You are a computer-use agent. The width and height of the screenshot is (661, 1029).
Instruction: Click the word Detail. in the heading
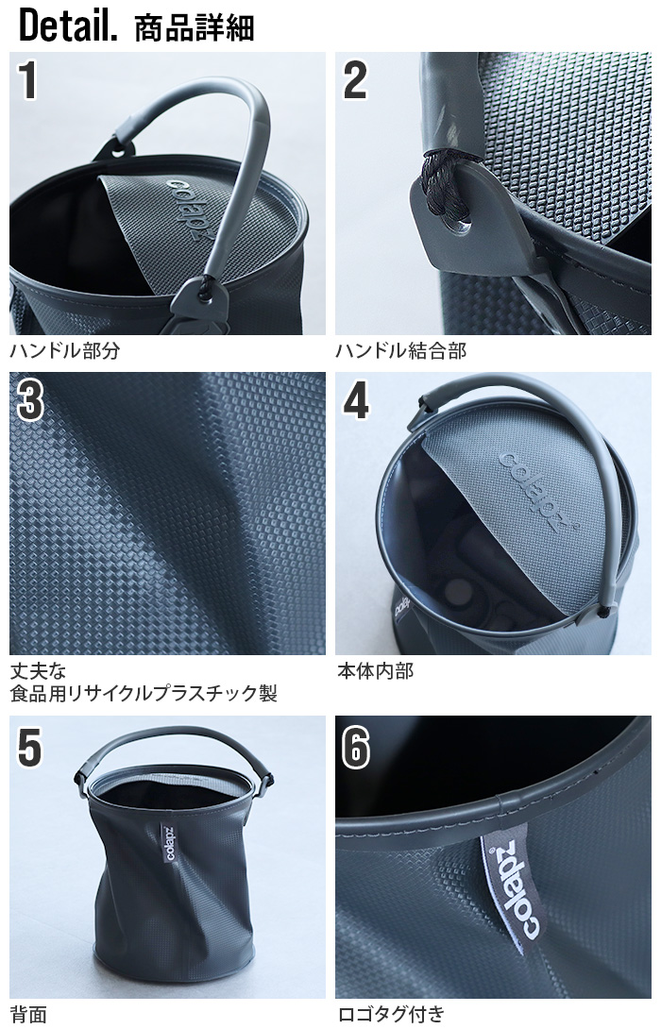(x=68, y=25)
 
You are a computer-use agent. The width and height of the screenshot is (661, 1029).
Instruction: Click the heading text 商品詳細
(x=194, y=27)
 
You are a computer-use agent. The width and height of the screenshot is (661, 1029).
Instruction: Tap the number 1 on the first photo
(x=27, y=80)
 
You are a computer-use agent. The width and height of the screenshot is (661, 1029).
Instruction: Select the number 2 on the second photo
(x=355, y=80)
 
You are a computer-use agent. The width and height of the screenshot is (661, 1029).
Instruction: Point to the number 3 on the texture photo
(x=30, y=400)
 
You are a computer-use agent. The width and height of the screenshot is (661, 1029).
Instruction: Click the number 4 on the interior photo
(x=356, y=400)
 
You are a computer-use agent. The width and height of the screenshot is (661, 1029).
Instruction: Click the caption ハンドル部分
(x=65, y=350)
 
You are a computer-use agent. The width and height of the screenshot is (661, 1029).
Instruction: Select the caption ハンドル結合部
(x=401, y=350)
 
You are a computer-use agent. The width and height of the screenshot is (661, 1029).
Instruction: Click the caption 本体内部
(x=375, y=670)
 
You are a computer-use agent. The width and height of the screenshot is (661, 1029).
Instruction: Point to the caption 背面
(x=28, y=1014)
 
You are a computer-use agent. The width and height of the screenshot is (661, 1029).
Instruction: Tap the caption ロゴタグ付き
(x=391, y=1014)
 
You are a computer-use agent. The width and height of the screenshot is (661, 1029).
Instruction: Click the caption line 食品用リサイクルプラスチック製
(x=144, y=693)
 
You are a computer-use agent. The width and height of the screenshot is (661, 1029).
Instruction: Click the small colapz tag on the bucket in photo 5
(x=168, y=843)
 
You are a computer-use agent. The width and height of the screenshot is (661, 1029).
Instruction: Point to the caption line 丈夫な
(x=39, y=670)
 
